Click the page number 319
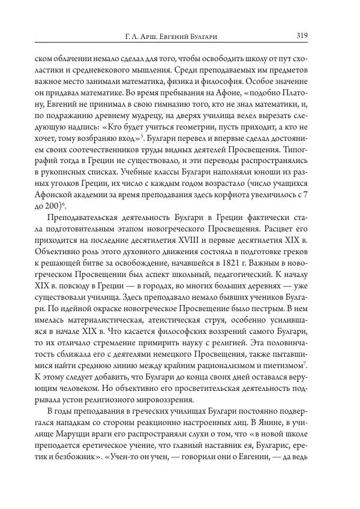[x=302, y=36]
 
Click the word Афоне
[x=212, y=93]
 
